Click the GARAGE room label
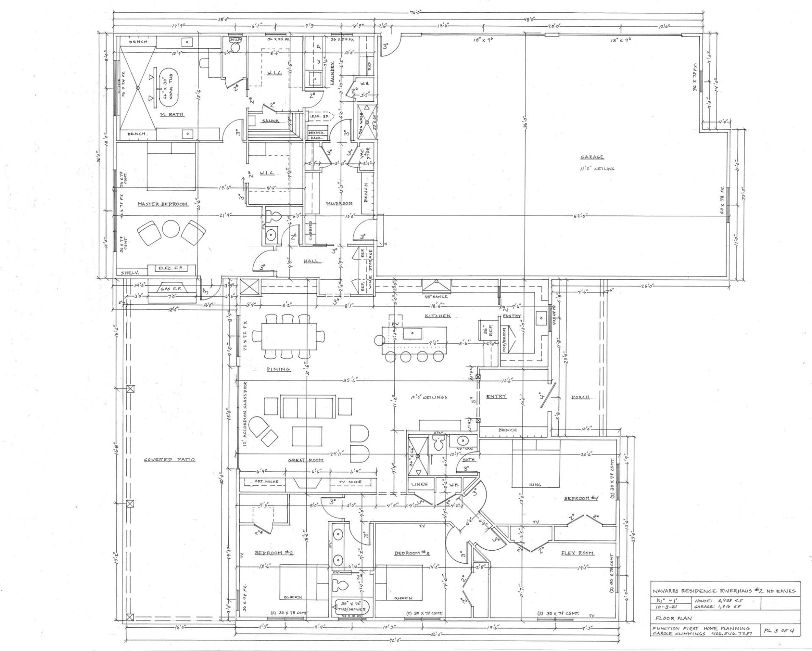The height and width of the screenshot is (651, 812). click(592, 157)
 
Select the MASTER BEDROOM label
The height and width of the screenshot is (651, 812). click(162, 204)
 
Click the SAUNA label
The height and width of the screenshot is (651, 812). click(270, 121)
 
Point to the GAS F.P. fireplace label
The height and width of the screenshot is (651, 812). click(171, 289)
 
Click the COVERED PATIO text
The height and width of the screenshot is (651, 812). click(169, 459)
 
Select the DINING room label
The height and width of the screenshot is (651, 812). click(278, 369)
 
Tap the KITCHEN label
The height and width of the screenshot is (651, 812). click(438, 316)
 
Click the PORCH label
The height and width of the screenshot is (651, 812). click(580, 397)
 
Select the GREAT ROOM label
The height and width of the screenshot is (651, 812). click(306, 460)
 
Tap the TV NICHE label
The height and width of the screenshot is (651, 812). click(350, 482)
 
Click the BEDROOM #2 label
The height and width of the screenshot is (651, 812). click(274, 553)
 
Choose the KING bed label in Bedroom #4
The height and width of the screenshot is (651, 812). click(535, 484)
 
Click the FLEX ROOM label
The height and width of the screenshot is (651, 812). click(577, 553)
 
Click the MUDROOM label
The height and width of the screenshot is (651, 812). click(339, 204)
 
